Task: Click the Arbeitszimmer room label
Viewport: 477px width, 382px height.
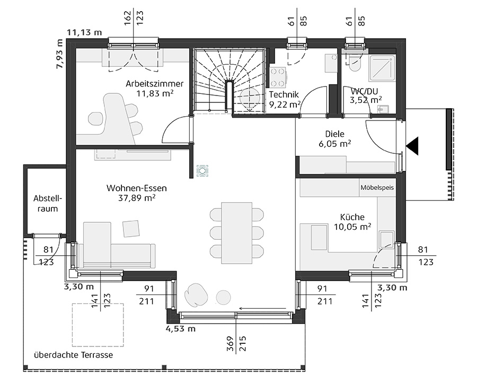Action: pos(155,83)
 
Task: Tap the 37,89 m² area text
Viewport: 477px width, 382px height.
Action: pos(137,198)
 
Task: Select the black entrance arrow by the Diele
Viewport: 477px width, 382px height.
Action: pos(412,146)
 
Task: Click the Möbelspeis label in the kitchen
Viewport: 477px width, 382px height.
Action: pos(377,187)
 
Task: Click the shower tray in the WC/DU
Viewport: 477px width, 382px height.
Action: pos(382,68)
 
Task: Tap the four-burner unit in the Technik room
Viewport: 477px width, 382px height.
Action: pos(278,77)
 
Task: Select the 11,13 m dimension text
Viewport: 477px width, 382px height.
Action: pos(84,32)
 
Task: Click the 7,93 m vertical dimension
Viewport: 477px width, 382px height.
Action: pos(59,54)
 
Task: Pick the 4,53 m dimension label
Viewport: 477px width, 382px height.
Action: pos(180,329)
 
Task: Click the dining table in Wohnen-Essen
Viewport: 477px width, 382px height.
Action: pos(237,233)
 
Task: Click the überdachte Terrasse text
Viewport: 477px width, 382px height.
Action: pos(73,355)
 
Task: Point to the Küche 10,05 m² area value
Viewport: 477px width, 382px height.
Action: pos(352,227)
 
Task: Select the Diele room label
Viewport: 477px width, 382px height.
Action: pos(334,134)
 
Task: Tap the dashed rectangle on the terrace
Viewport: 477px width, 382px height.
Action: pos(98,325)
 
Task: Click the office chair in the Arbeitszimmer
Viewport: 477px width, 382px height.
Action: pos(95,119)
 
